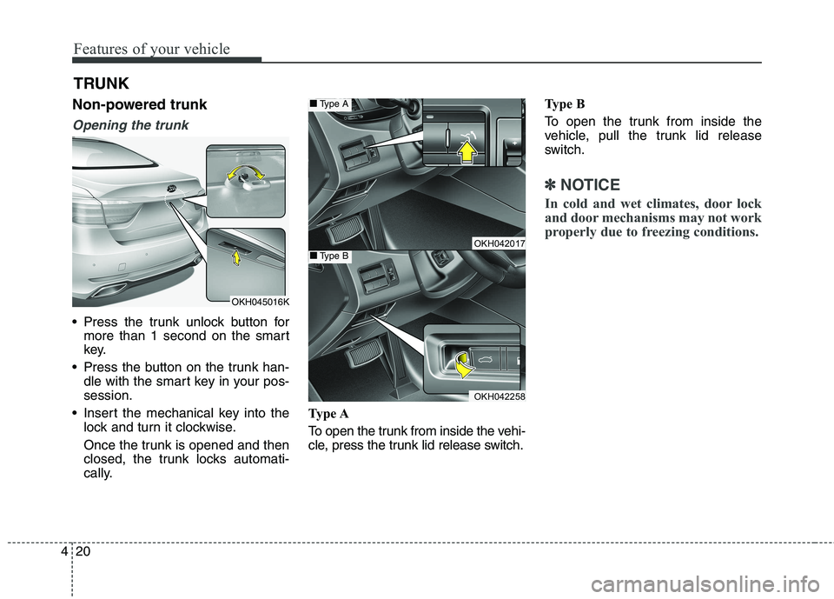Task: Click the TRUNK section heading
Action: [101, 83]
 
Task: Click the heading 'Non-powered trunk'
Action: [139, 105]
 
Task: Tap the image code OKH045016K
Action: [260, 301]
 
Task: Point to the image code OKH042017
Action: [499, 243]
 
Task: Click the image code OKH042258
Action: [499, 396]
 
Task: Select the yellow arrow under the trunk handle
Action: [235, 259]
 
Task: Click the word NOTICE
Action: [590, 184]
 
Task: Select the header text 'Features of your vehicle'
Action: [151, 49]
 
